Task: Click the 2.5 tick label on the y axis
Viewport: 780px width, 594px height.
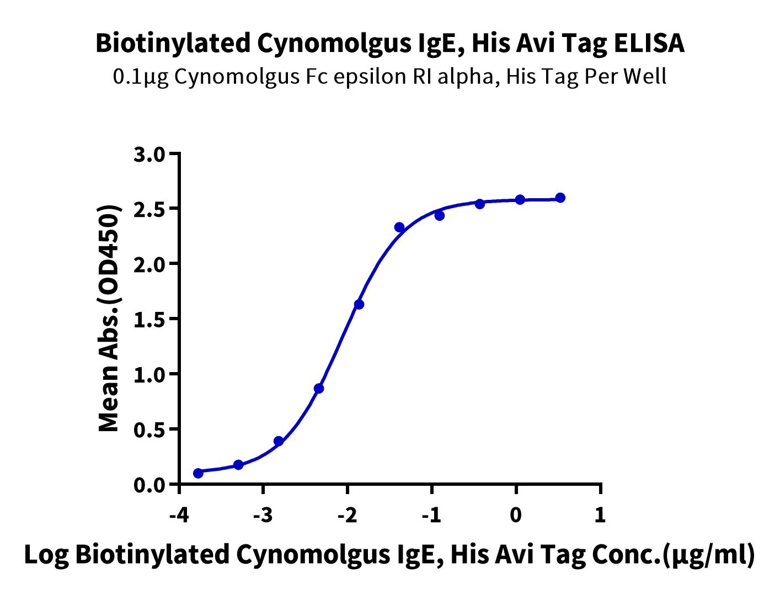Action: (149, 209)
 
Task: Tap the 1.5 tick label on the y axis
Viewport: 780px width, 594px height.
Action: (149, 320)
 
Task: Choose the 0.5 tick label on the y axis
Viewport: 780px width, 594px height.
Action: (149, 430)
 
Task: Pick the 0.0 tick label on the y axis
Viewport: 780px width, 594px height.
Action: (149, 485)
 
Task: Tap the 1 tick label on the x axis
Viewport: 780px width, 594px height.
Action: (600, 516)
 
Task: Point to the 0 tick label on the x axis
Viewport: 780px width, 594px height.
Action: (516, 516)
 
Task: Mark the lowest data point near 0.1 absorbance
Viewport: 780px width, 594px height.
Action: (198, 473)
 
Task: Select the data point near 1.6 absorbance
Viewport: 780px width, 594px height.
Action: (359, 304)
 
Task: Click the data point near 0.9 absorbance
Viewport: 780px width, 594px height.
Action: (319, 389)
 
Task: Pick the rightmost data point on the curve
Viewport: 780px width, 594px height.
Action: (560, 198)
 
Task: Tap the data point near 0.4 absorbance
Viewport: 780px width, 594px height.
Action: (279, 441)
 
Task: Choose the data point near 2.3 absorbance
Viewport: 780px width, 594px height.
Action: (399, 227)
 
